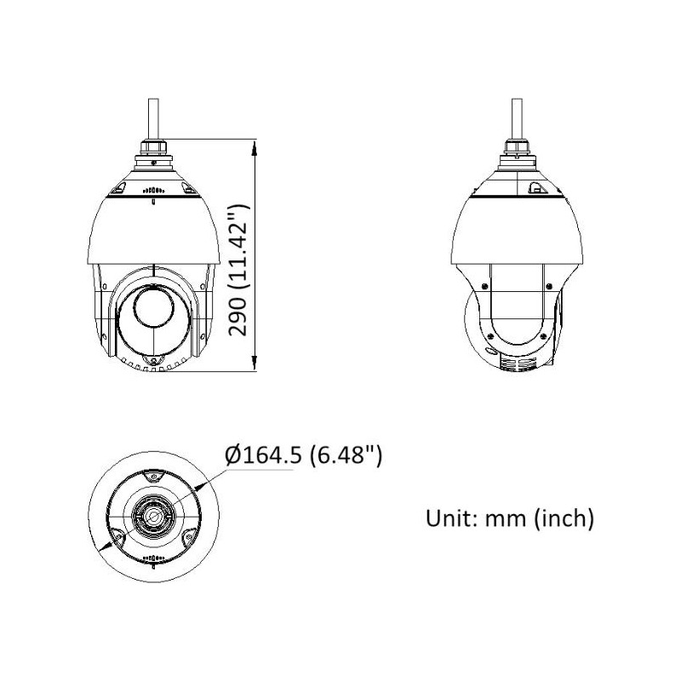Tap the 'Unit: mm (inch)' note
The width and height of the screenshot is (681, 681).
509,517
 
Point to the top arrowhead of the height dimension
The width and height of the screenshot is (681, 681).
255,146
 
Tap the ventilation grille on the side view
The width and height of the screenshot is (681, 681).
516,363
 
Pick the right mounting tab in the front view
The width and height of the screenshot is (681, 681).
186,188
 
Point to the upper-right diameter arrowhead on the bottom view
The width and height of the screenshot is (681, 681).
202,484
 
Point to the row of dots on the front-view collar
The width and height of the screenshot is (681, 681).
153,192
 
